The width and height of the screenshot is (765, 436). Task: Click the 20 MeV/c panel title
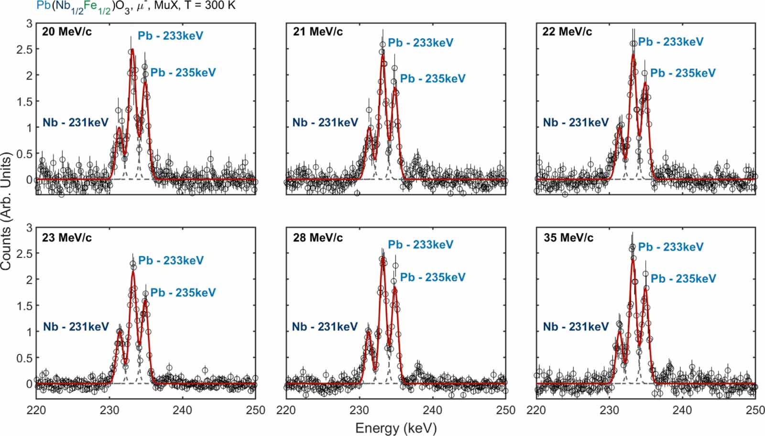coord(67,32)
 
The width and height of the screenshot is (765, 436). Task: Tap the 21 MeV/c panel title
coord(317,32)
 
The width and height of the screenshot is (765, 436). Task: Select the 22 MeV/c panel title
coord(567,32)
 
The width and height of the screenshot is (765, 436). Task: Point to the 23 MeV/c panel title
coord(67,237)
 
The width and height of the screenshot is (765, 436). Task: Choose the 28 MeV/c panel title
coord(317,237)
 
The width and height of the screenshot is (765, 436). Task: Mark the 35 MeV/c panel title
coord(568,237)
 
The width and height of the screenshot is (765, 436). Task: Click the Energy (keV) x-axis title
coord(396,428)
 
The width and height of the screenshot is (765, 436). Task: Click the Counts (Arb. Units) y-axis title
coord(6,211)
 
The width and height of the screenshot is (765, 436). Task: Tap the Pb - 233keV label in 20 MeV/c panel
coord(170,36)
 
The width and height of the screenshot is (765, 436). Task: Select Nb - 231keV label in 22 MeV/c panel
coord(576,123)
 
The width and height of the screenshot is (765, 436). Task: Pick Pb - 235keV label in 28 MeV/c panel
coord(432,277)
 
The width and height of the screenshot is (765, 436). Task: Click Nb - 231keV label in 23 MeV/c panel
coord(76,327)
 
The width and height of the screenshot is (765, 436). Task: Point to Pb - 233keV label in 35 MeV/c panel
coord(670,247)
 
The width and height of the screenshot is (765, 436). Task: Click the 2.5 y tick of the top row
coord(24,49)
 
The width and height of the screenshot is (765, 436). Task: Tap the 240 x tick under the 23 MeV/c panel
coord(182,410)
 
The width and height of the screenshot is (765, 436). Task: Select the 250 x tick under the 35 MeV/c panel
coord(755,410)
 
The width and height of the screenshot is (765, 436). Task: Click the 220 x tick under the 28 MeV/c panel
coord(286,410)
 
